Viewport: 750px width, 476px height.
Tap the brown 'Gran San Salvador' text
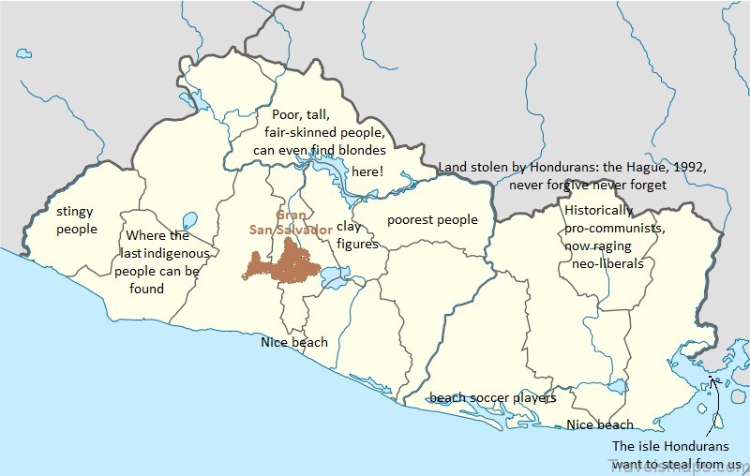pos(291,221)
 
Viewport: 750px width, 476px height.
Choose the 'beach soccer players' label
pos(493,398)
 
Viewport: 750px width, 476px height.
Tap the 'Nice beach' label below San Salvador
pos(294,342)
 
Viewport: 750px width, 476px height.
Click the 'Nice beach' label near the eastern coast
pos(600,424)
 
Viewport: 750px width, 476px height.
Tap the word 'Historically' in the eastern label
pos(599,210)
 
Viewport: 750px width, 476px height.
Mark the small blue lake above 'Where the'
pos(189,221)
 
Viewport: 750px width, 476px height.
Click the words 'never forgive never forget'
pos(587,185)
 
